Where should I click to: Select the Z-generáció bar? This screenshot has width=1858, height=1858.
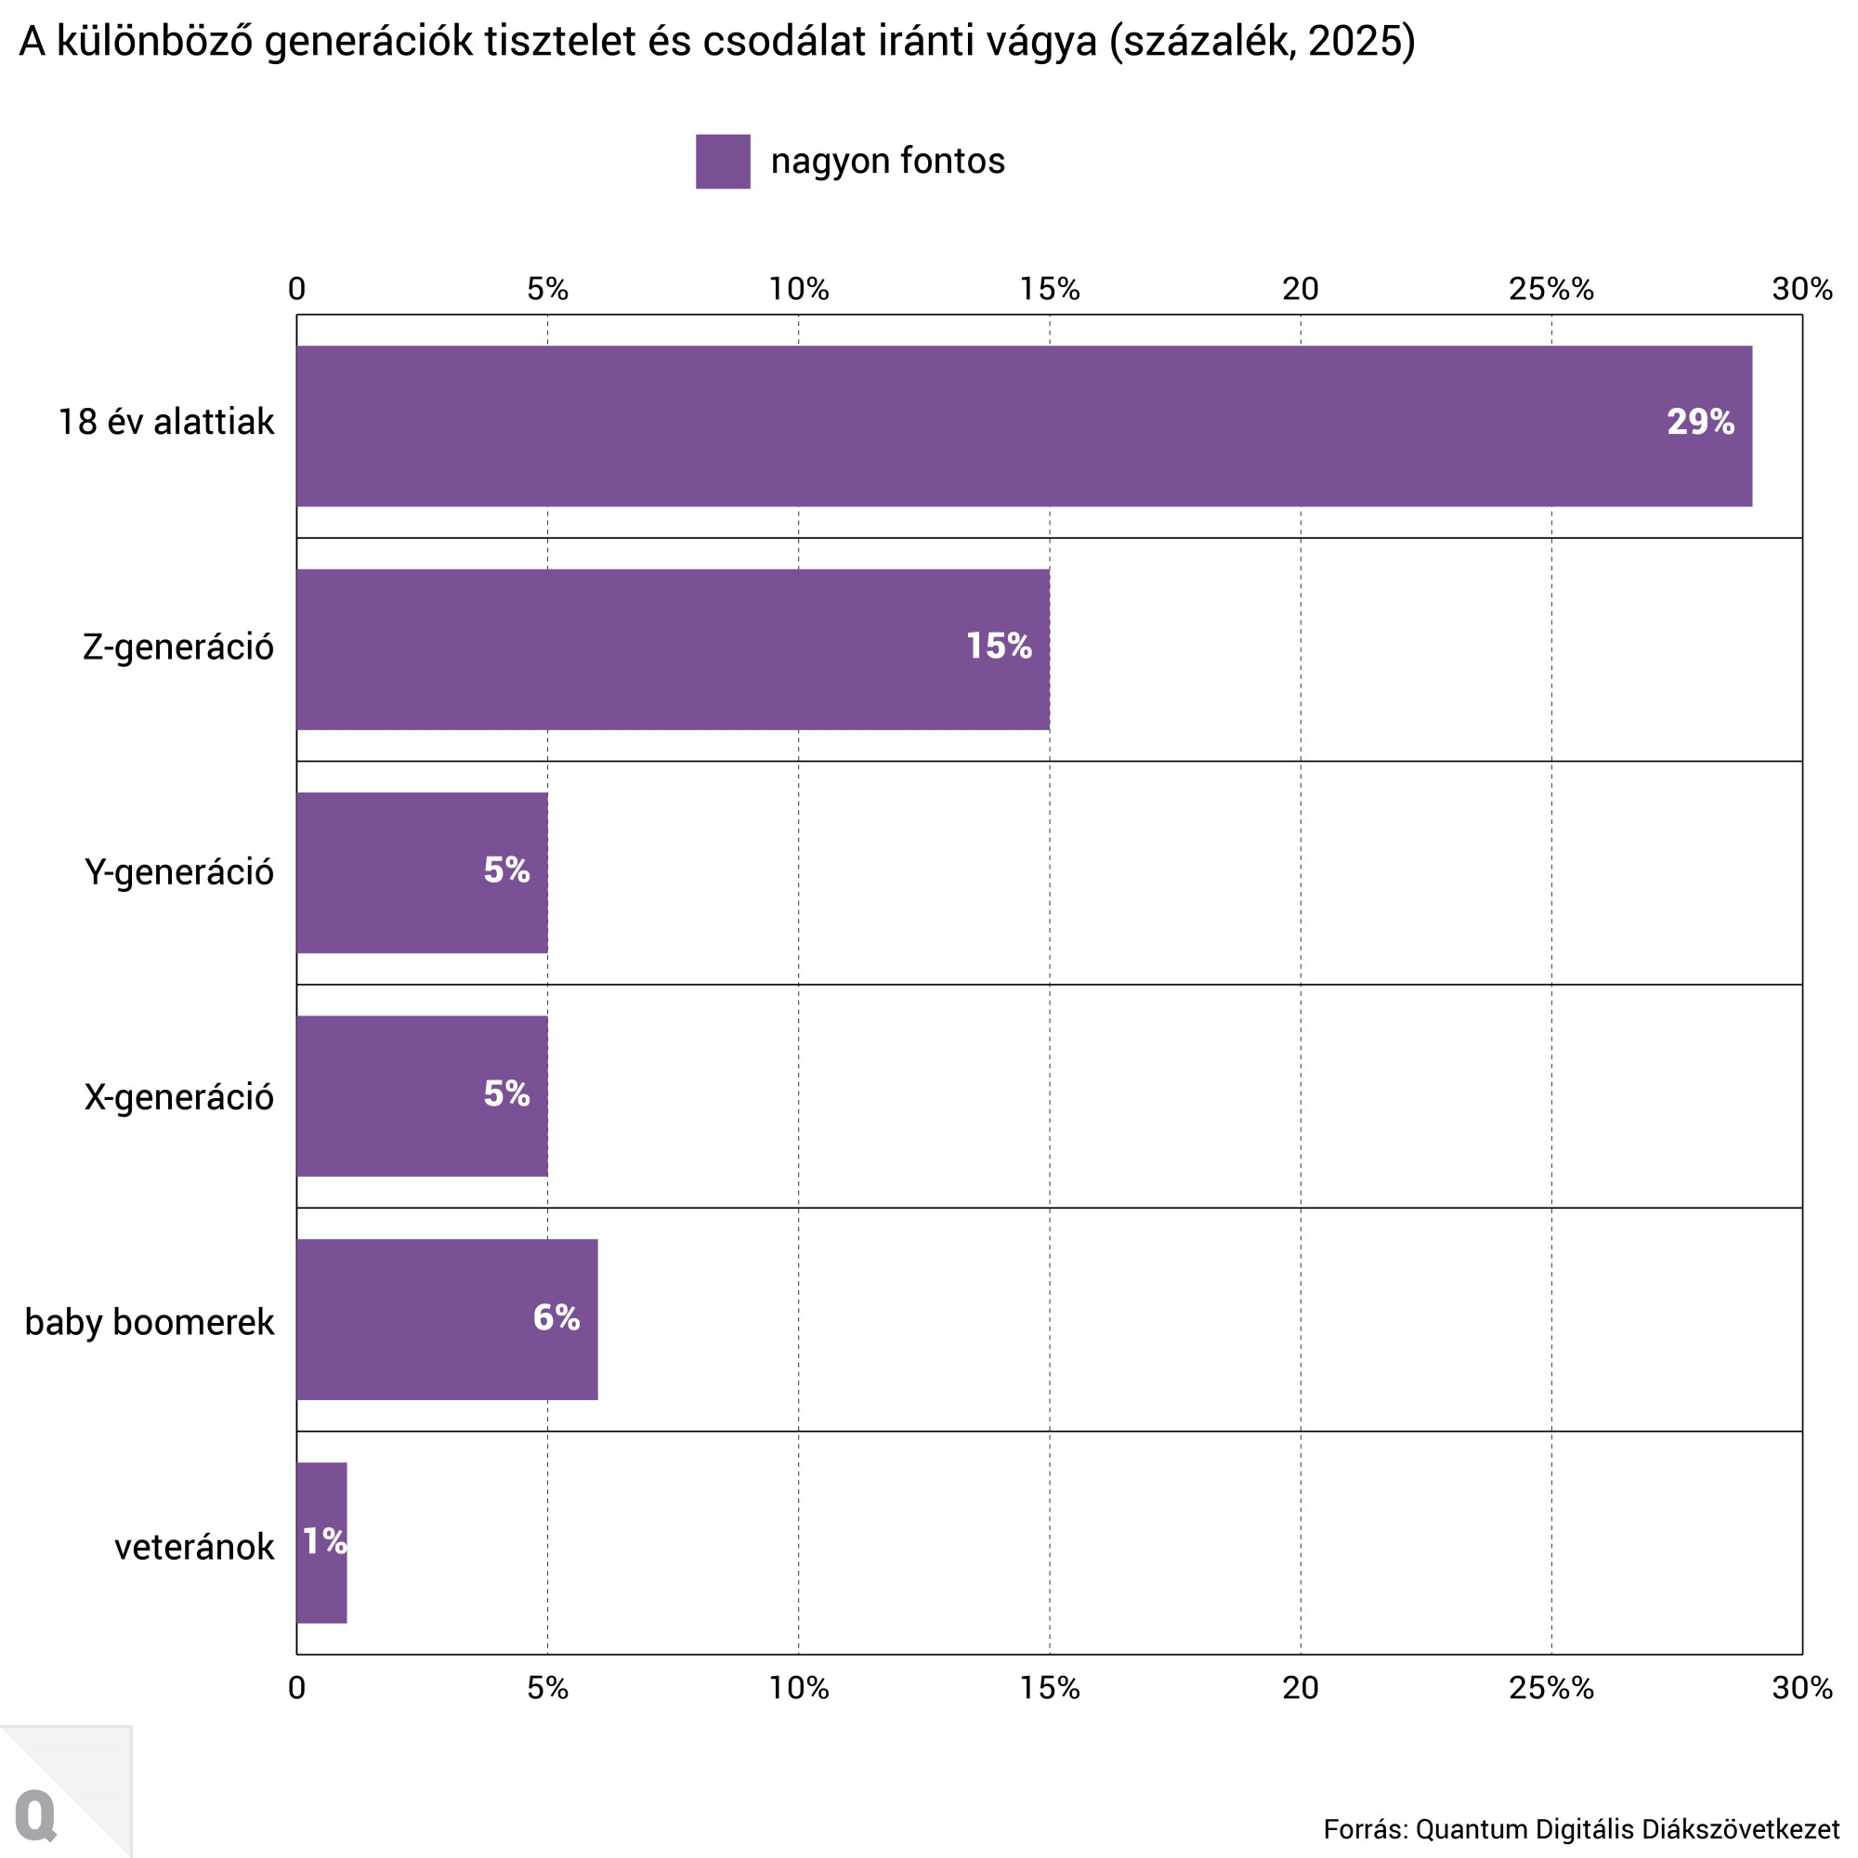[x=673, y=649]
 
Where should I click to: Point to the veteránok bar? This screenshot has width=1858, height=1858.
[x=321, y=1542]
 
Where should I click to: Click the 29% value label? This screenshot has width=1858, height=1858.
[x=1699, y=422]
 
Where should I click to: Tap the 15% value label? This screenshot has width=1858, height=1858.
[x=999, y=647]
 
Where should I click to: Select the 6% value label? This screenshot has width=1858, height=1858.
[x=556, y=1317]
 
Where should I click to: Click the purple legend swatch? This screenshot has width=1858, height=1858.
[x=722, y=162]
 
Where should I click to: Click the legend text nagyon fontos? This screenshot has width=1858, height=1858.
[x=886, y=161]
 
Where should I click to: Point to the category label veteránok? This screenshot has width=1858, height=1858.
[x=194, y=1548]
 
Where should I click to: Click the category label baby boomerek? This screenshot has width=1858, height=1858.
[x=149, y=1322]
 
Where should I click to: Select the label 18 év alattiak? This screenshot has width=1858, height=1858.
[x=166, y=422]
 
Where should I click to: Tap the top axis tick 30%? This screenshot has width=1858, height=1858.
[x=1801, y=289]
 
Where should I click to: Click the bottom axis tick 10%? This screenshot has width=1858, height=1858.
[x=798, y=1688]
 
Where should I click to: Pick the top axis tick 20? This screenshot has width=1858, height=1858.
[x=1301, y=289]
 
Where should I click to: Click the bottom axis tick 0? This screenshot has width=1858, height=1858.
[x=296, y=1688]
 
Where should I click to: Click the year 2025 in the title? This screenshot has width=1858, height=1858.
[x=1351, y=42]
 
